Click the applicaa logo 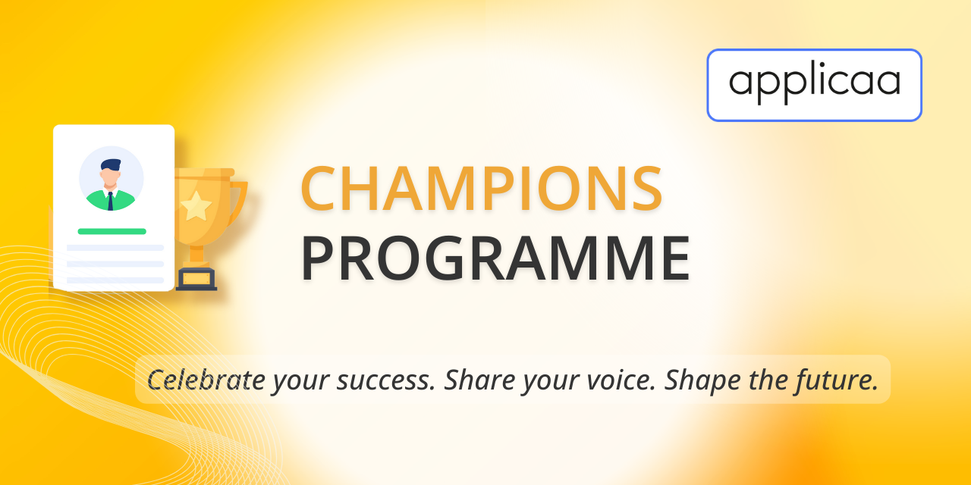tap(814, 85)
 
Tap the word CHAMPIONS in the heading tap(481, 189)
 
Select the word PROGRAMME tap(495, 258)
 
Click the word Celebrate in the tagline tap(206, 380)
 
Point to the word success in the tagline tap(386, 380)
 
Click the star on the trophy tap(196, 205)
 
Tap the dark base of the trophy tap(196, 280)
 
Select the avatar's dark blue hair tap(111, 164)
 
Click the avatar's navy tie tap(110, 202)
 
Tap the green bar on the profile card tap(112, 231)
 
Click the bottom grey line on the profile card tap(115, 280)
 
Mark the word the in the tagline tap(768, 380)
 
